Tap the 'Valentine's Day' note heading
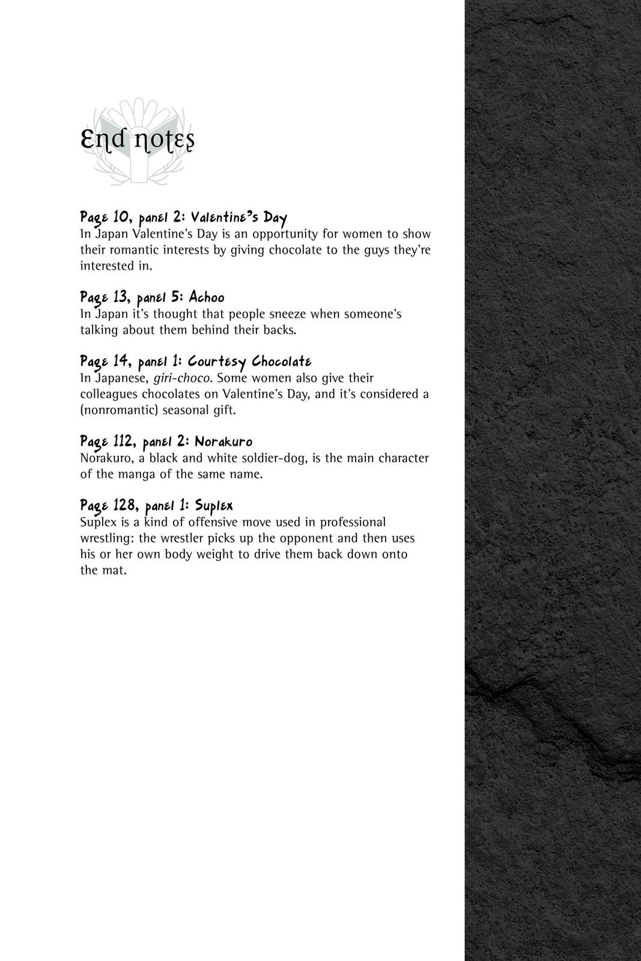[239, 217]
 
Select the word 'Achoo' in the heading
[206, 297]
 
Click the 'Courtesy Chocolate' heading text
[249, 362]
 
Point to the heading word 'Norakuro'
[223, 442]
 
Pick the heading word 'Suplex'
[214, 506]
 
